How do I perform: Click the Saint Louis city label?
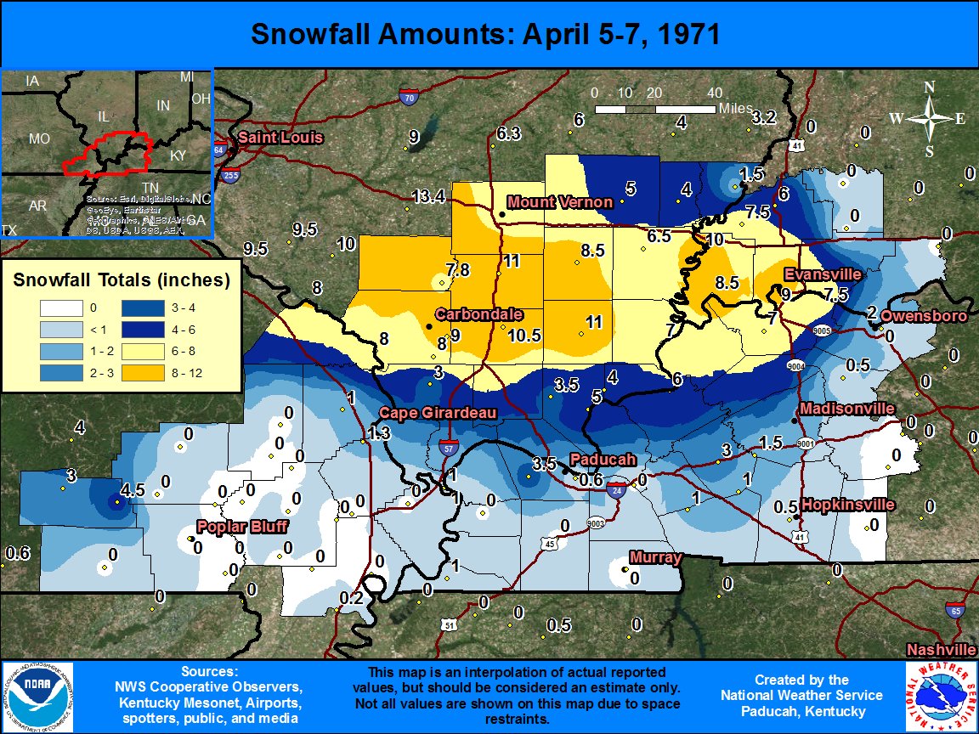click(x=269, y=138)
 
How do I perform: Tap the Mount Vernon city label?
click(x=559, y=202)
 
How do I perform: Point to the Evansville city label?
click(x=823, y=274)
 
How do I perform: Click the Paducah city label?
click(x=603, y=459)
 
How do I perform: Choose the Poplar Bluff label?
click(x=242, y=527)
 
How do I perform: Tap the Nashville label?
click(x=941, y=649)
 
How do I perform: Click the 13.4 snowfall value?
click(x=428, y=197)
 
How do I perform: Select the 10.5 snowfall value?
click(x=524, y=335)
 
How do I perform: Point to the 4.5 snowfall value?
click(x=133, y=490)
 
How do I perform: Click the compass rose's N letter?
click(x=929, y=87)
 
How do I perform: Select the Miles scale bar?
click(x=654, y=109)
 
